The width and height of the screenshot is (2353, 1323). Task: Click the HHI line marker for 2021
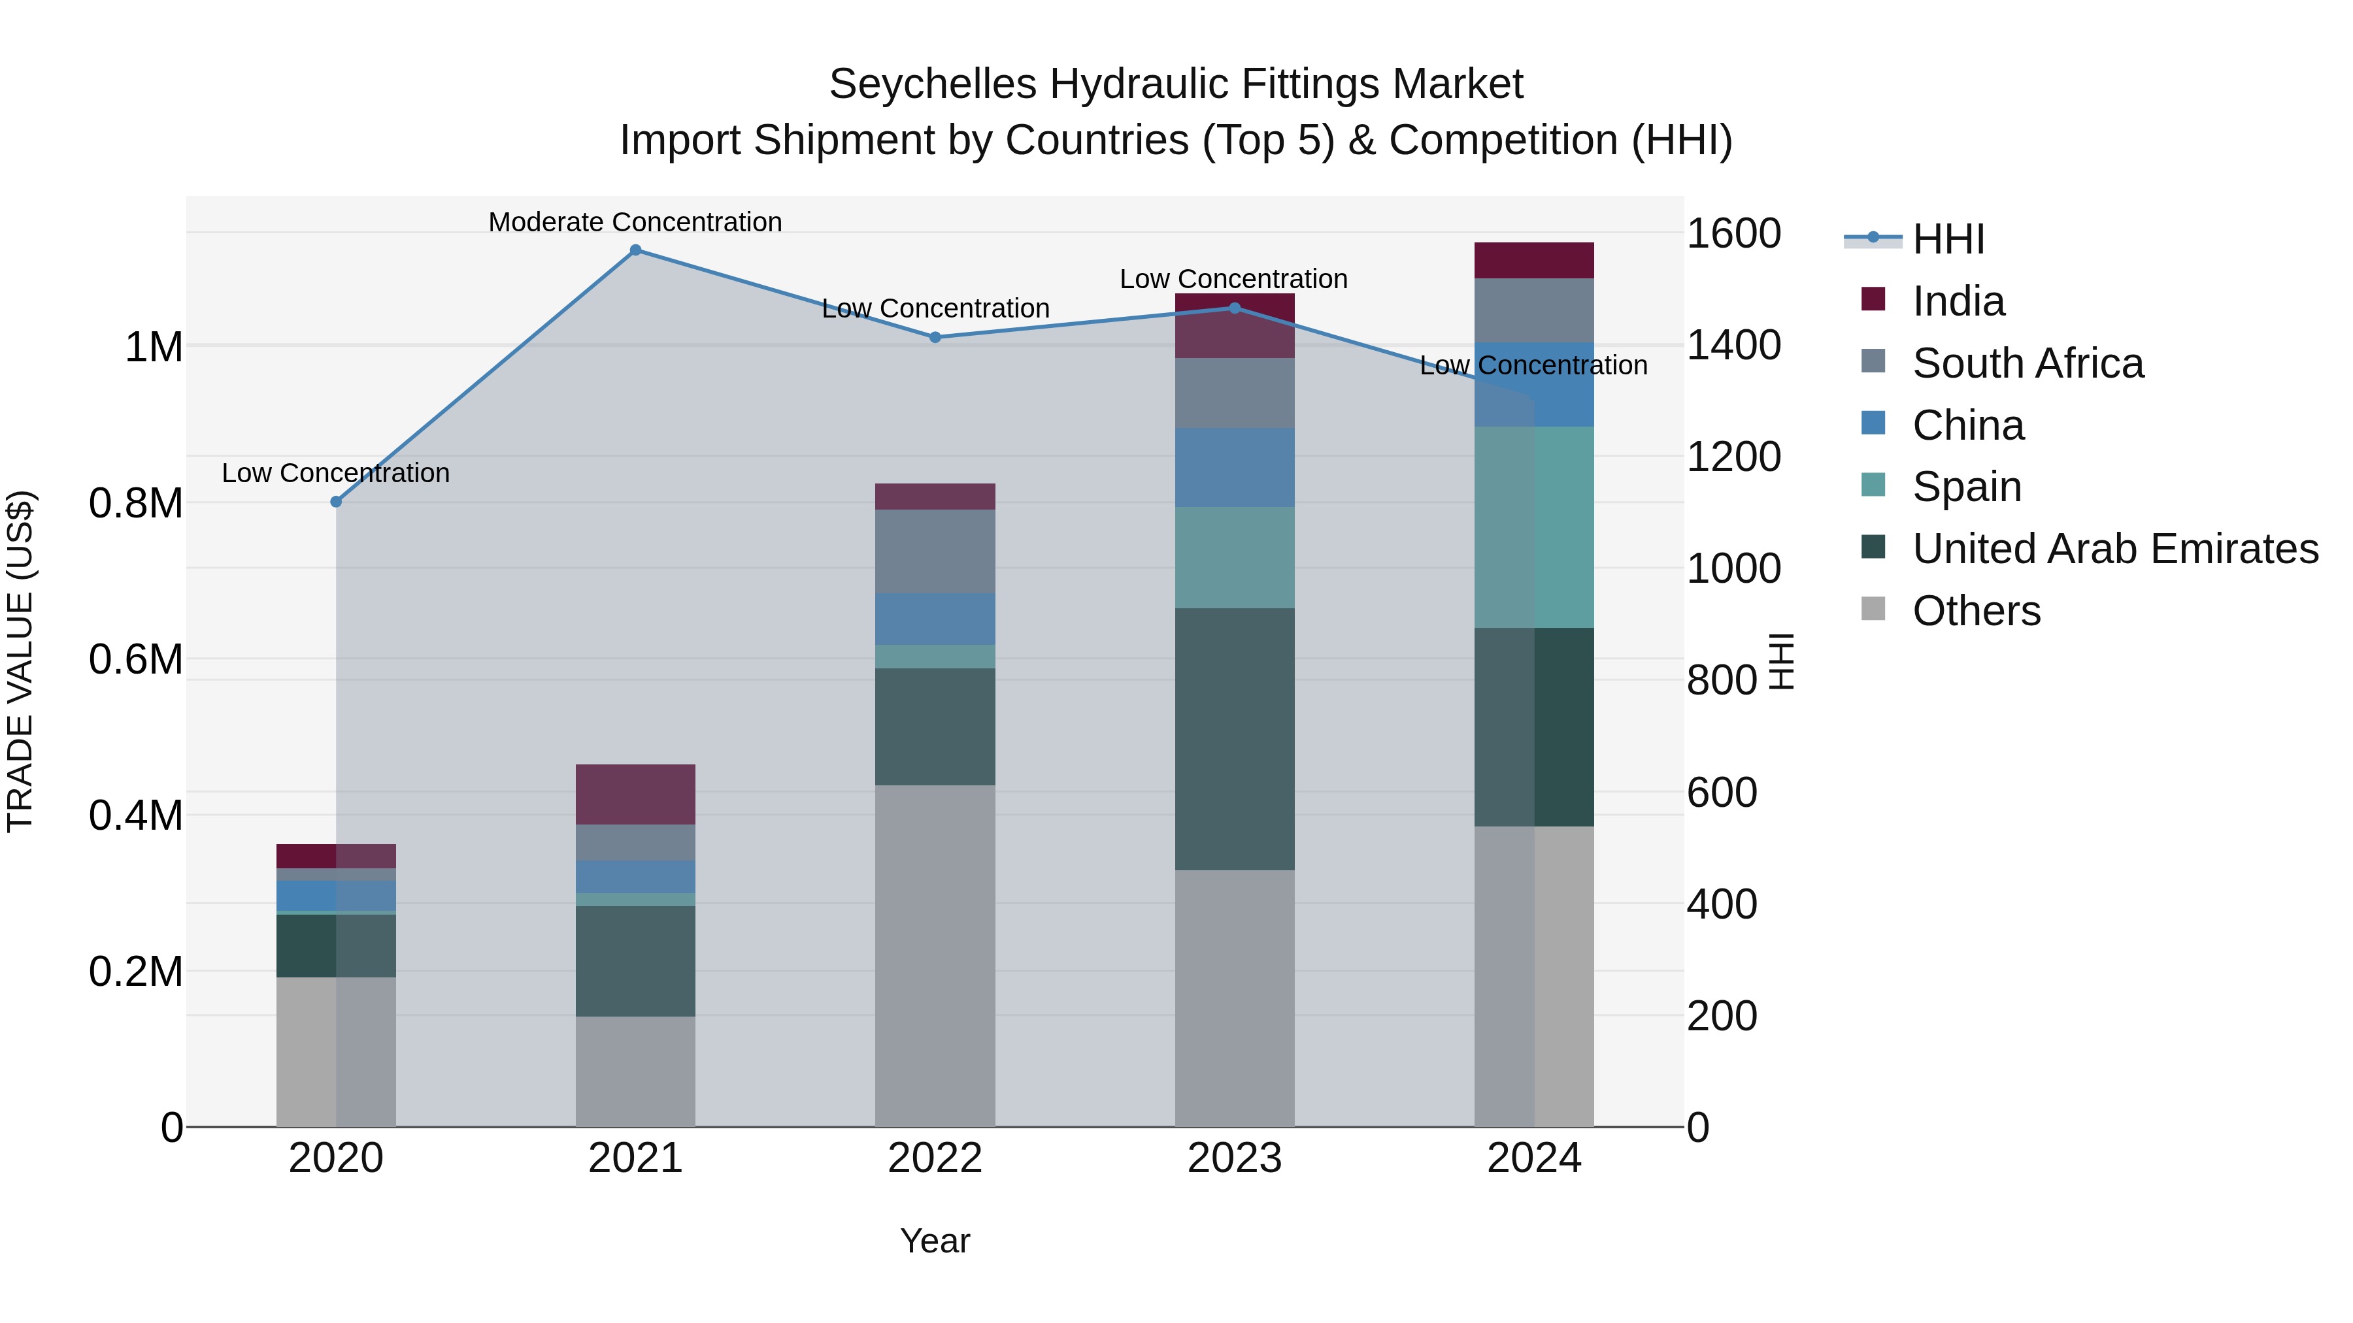click(636, 250)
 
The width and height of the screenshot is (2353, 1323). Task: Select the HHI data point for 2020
click(336, 501)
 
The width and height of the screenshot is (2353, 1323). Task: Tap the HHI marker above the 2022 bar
click(935, 337)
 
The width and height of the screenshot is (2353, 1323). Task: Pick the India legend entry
click(1958, 301)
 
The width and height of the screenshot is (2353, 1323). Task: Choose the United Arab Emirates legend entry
click(2114, 549)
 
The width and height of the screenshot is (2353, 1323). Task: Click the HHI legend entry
click(1948, 239)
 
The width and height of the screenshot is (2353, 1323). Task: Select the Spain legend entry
click(1967, 487)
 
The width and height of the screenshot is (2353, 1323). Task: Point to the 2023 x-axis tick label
click(1234, 1158)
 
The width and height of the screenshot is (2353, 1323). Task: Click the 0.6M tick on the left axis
click(136, 659)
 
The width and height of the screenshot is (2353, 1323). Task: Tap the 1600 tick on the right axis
click(1733, 234)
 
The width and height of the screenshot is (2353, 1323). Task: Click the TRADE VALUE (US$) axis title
click(20, 661)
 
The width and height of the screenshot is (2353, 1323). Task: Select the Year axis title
click(935, 1241)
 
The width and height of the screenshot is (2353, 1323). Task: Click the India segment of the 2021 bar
click(636, 794)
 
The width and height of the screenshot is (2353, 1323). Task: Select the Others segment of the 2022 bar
click(935, 955)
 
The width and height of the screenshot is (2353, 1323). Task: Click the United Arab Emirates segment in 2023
click(1234, 739)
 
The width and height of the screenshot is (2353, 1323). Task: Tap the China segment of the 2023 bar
click(1234, 468)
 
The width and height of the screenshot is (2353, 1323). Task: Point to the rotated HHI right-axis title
click(1781, 661)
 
